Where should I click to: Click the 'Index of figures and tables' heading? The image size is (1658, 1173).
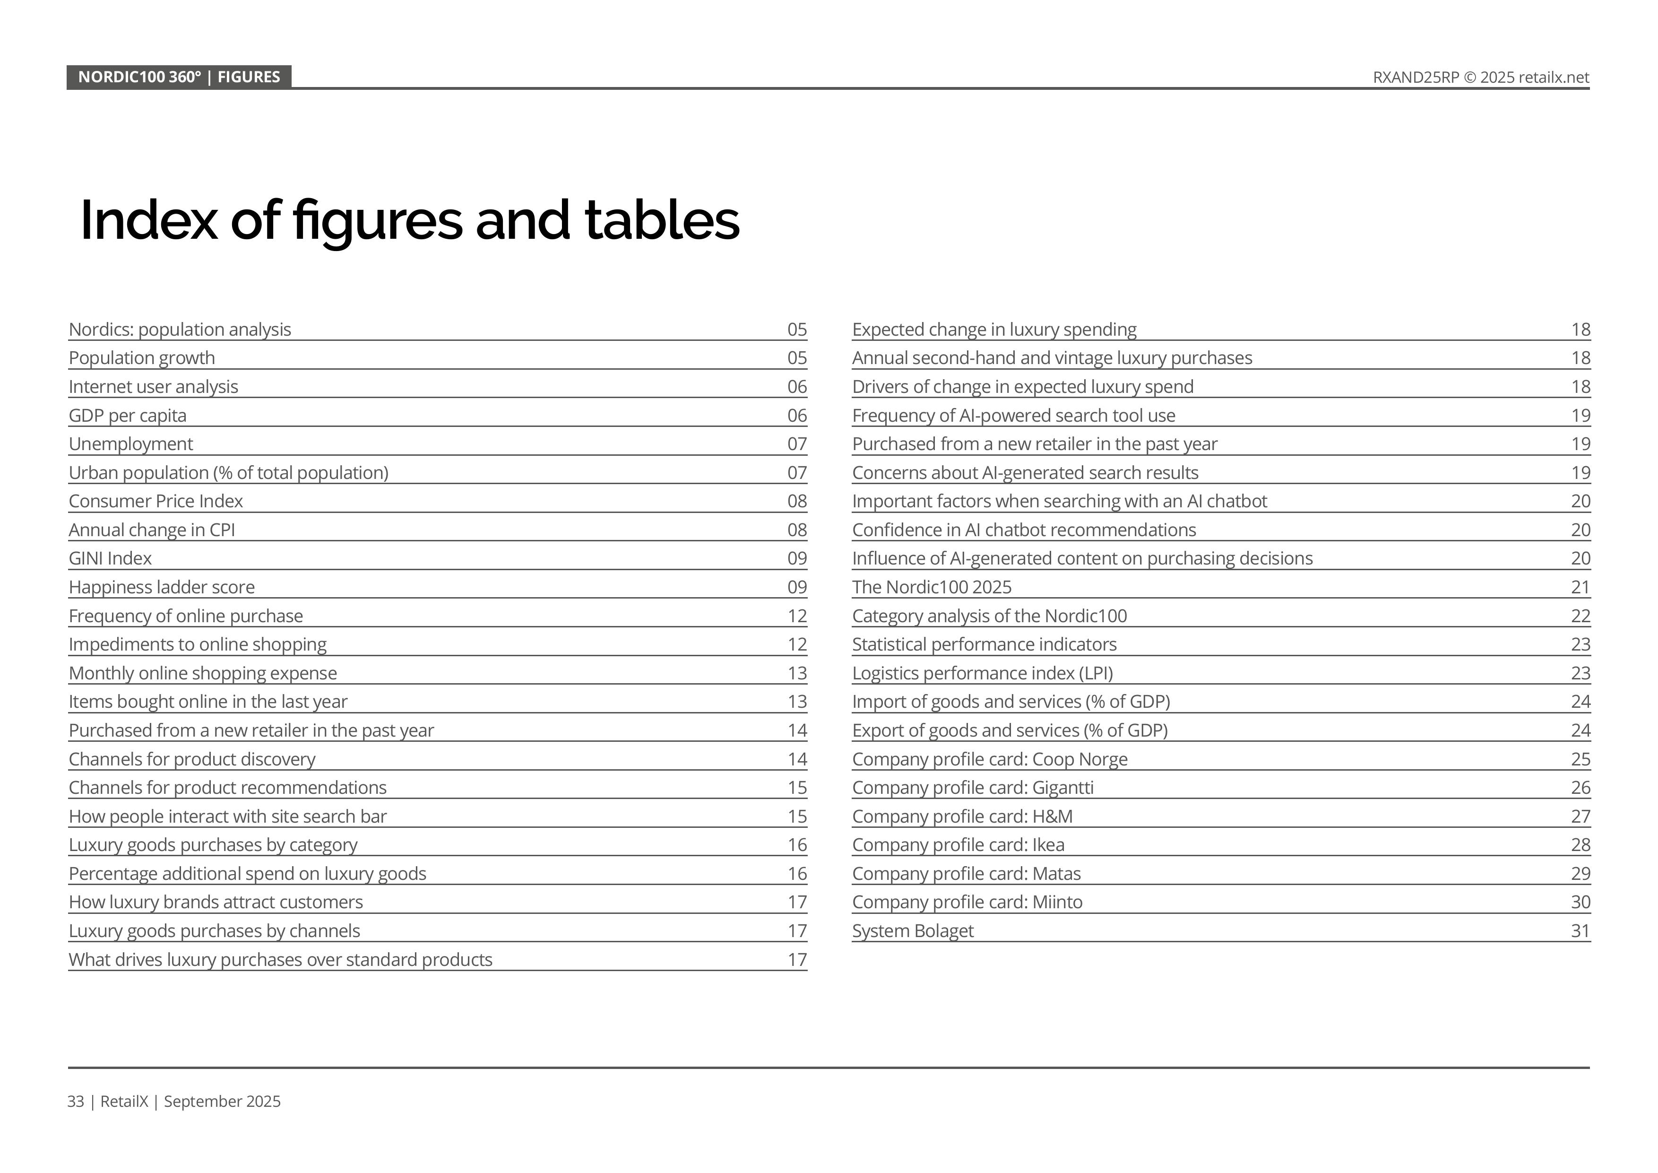pos(409,220)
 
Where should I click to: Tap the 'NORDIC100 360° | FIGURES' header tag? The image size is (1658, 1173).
pos(179,77)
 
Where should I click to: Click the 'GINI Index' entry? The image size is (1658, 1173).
pos(111,558)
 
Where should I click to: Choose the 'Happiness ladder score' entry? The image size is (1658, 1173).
pos(162,587)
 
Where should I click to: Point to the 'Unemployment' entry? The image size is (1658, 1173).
pos(131,444)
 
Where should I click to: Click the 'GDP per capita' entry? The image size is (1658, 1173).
pos(128,415)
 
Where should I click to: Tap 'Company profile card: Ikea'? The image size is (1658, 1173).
pos(958,845)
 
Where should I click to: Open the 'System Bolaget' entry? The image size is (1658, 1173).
pos(913,931)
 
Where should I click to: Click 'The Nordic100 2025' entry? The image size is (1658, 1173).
pos(932,587)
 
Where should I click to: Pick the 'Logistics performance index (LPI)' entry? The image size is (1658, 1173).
pos(982,673)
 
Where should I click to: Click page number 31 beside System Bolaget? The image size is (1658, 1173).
pos(1580,931)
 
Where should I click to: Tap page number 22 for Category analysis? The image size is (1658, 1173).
pos(1580,616)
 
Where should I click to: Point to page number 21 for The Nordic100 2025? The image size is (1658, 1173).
pos(1580,587)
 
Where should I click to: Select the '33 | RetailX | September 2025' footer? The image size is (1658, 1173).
pos(174,1102)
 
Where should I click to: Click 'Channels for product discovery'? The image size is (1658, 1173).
pos(192,759)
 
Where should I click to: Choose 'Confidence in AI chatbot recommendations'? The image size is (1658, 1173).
pos(1024,530)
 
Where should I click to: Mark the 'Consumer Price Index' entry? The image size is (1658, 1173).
pos(156,501)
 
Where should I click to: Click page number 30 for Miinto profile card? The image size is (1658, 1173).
pos(1580,902)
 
